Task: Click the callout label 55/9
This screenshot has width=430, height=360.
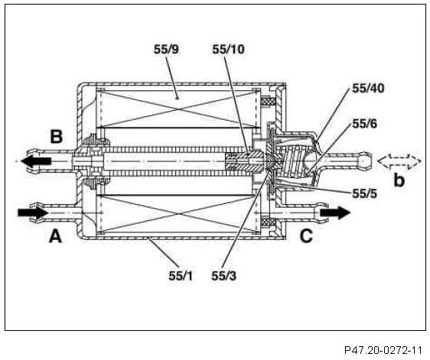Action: [x=166, y=50]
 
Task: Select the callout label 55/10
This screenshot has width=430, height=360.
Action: [x=228, y=50]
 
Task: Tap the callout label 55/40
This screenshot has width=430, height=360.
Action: [x=368, y=88]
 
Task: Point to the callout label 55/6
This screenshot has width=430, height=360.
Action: [x=365, y=124]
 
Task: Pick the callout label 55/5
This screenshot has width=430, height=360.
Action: [x=364, y=193]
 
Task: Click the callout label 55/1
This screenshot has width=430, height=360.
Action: [x=181, y=276]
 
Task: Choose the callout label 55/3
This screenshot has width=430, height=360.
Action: [x=223, y=276]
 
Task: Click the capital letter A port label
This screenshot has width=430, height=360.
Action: [x=55, y=236]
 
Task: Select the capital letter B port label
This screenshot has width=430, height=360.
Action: [x=57, y=137]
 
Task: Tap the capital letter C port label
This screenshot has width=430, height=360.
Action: [x=306, y=236]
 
